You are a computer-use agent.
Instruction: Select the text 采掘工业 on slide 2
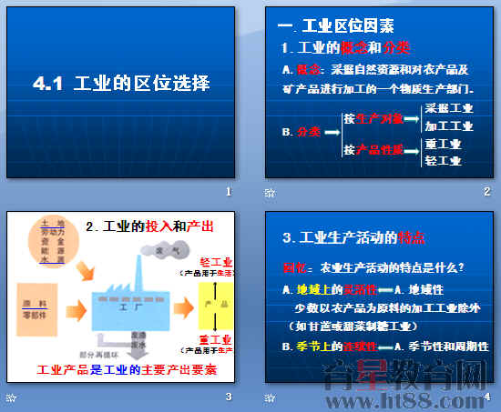click(x=449, y=108)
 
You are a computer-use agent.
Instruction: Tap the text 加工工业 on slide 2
click(x=449, y=126)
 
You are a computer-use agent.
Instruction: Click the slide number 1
click(x=229, y=191)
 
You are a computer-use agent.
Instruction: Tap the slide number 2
click(x=486, y=191)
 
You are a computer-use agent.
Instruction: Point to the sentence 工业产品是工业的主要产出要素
click(x=127, y=370)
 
